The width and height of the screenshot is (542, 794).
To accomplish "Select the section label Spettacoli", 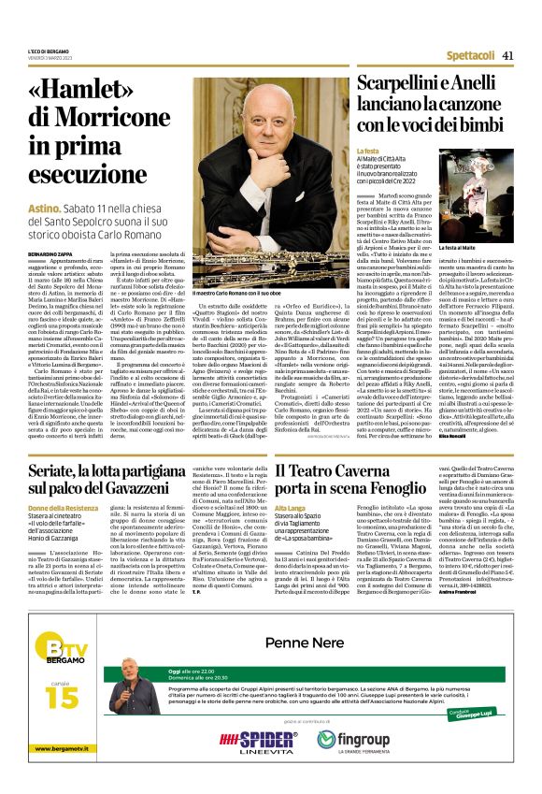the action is pyautogui.click(x=471, y=56).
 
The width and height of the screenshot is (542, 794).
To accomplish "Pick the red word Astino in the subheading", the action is pyautogui.click(x=44, y=208).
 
